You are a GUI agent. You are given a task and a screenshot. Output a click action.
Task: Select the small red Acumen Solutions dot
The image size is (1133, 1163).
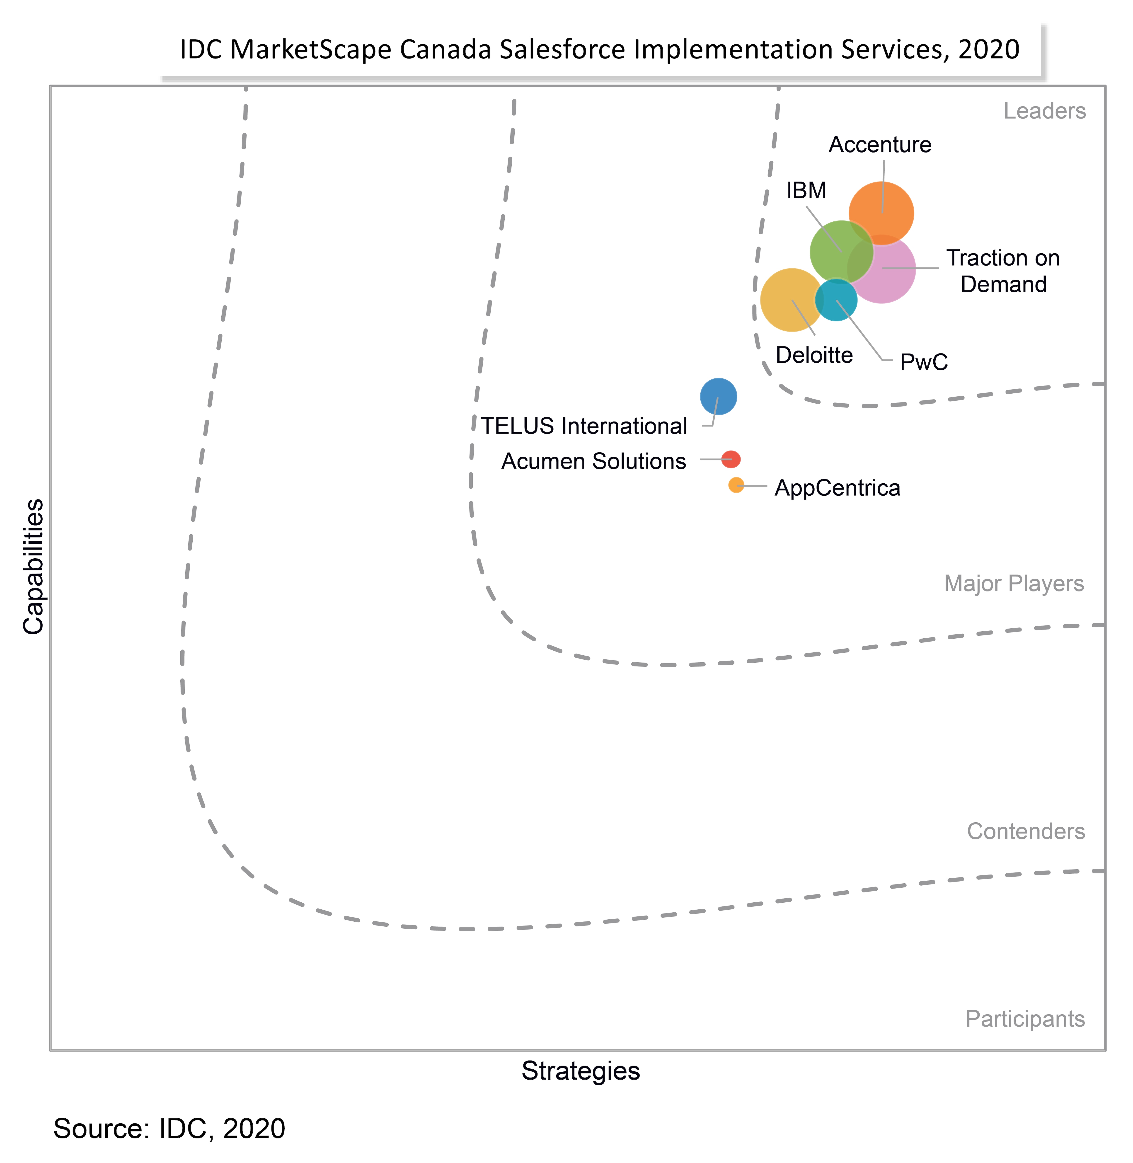tap(731, 459)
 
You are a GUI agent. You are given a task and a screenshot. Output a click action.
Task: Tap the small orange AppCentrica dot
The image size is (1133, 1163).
tap(736, 485)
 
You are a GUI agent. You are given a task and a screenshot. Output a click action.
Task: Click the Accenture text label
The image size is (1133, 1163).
tap(879, 145)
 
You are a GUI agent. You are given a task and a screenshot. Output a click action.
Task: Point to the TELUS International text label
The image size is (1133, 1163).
tap(584, 426)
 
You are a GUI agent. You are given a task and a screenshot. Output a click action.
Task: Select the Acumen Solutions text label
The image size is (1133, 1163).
tap(593, 461)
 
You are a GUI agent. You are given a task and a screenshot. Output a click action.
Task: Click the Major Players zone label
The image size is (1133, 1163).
tap(1013, 583)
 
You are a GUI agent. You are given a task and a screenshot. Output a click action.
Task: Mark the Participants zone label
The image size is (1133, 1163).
tap(1025, 1018)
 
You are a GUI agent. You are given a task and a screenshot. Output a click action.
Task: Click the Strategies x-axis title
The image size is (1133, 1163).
tap(580, 1071)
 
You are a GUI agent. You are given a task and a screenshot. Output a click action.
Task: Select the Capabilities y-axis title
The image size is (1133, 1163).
tap(33, 567)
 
